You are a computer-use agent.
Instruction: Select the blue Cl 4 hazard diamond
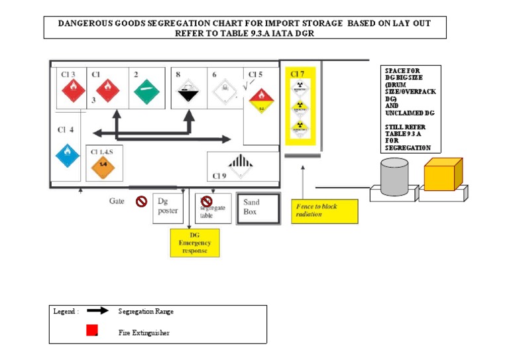pyautogui.click(x=68, y=156)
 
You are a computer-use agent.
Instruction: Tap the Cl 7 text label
pyautogui.click(x=298, y=74)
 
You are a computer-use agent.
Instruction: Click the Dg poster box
pyautogui.click(x=168, y=207)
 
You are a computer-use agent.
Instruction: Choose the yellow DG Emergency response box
pyautogui.click(x=195, y=243)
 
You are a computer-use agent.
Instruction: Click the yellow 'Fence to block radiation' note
pyautogui.click(x=324, y=211)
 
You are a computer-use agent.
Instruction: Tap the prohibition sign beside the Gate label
pyautogui.click(x=141, y=202)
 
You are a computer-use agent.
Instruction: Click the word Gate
pyautogui.click(x=117, y=200)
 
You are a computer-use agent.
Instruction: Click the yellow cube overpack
pyautogui.click(x=443, y=174)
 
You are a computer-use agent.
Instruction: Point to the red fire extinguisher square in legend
pyautogui.click(x=92, y=330)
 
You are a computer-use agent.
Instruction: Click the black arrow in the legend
pyautogui.click(x=97, y=310)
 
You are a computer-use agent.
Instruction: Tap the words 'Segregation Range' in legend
pyautogui.click(x=146, y=311)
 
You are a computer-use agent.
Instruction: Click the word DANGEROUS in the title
pyautogui.click(x=85, y=23)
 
